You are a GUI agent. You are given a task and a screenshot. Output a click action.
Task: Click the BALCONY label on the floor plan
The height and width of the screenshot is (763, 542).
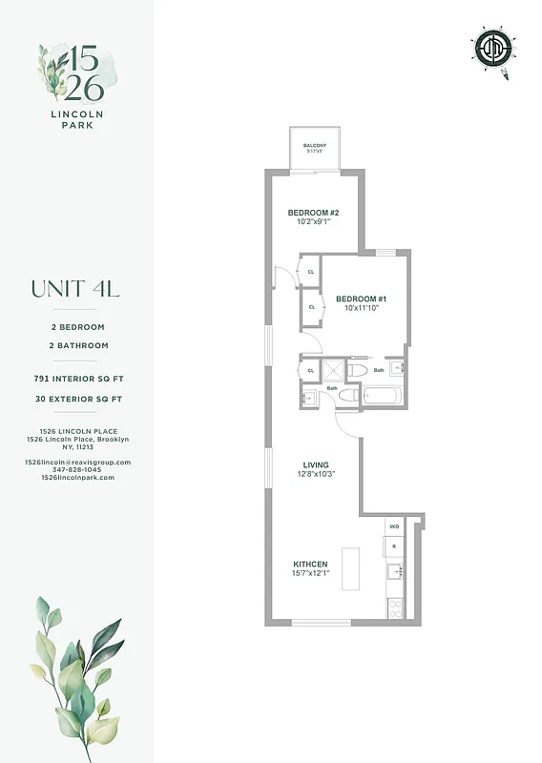pos(315,145)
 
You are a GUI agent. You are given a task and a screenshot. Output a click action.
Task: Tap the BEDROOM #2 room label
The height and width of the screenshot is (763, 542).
pos(314,212)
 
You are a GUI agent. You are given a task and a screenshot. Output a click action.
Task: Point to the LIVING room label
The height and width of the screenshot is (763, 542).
pos(316,465)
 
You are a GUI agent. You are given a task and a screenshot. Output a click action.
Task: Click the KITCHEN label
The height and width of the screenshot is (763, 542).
pos(310,565)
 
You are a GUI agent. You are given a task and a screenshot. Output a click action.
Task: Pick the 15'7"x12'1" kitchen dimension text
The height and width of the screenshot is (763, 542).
pos(311,574)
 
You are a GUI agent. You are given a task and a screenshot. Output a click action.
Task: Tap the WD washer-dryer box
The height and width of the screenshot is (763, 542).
pos(394,526)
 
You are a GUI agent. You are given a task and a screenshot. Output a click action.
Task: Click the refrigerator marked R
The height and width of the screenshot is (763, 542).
pos(394,546)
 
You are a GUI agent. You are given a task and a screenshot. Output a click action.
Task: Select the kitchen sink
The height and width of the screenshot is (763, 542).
pos(394,572)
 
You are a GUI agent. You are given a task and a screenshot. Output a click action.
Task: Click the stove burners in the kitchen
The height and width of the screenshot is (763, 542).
pos(395,605)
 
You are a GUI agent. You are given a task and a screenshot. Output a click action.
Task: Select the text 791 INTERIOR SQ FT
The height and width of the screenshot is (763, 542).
pos(74,379)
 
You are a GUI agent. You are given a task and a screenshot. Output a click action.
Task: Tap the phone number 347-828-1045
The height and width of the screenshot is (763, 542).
pos(77,469)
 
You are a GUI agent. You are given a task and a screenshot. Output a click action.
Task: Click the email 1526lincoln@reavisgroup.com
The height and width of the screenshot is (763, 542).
pos(77,462)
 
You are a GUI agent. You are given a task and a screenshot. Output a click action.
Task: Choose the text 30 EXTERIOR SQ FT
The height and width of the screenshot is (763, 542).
pos(74,398)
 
